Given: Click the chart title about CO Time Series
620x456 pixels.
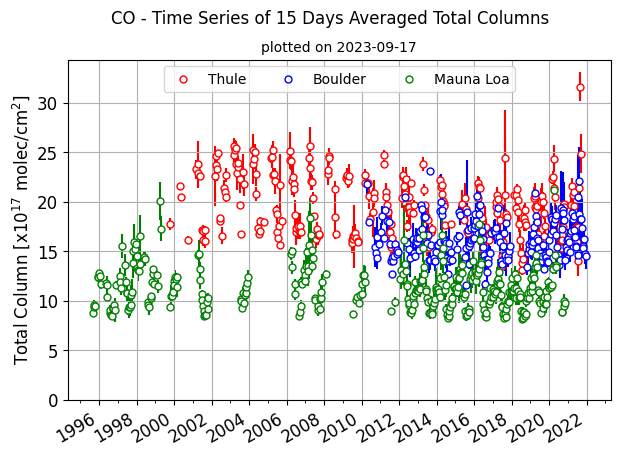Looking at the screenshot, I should pos(330,18).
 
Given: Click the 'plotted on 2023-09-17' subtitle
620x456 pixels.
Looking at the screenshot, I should pos(338,47).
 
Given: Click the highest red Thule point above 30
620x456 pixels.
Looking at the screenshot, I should pos(580,88).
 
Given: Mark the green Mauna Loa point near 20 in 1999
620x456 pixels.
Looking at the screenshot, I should pos(160,202).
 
